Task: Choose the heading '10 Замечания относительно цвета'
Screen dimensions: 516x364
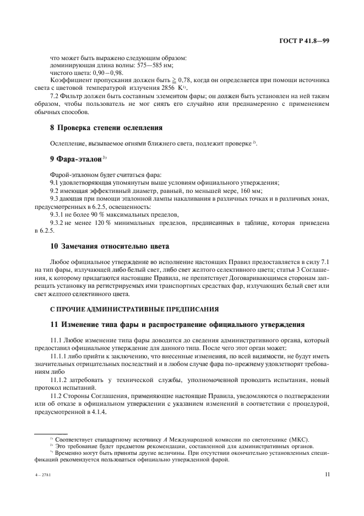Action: (110, 245)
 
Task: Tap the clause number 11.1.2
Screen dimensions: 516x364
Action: (62, 380)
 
